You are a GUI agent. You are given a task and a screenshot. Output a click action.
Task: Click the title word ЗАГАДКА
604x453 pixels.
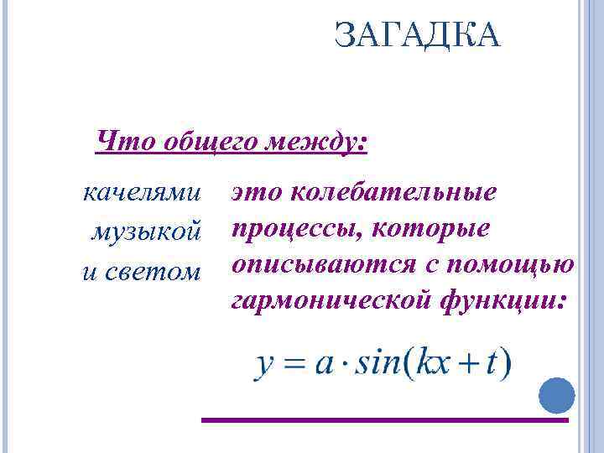[x=416, y=36]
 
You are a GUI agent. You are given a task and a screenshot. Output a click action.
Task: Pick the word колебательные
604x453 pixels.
[x=392, y=193]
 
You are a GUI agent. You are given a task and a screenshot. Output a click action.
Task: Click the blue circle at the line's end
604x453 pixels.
[x=556, y=395]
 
